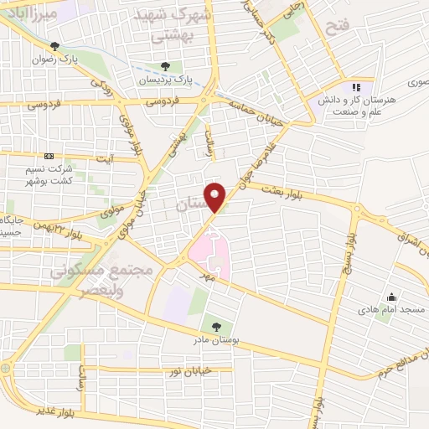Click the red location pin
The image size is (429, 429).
click(216, 197)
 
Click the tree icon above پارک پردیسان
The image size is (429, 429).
click(166, 65)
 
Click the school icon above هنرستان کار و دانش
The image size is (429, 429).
click(356, 86)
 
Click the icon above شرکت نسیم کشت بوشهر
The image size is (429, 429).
click(48, 156)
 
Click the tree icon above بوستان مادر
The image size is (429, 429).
click(217, 325)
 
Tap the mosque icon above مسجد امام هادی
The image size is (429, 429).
click(390, 297)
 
